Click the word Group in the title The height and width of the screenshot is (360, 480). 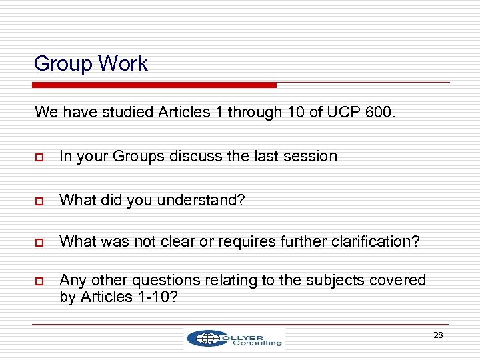(63, 64)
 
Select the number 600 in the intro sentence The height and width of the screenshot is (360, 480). (379, 112)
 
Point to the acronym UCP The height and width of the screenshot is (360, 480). (344, 112)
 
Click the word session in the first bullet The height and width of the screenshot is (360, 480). (313, 156)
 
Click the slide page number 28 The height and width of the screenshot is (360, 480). (438, 335)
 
